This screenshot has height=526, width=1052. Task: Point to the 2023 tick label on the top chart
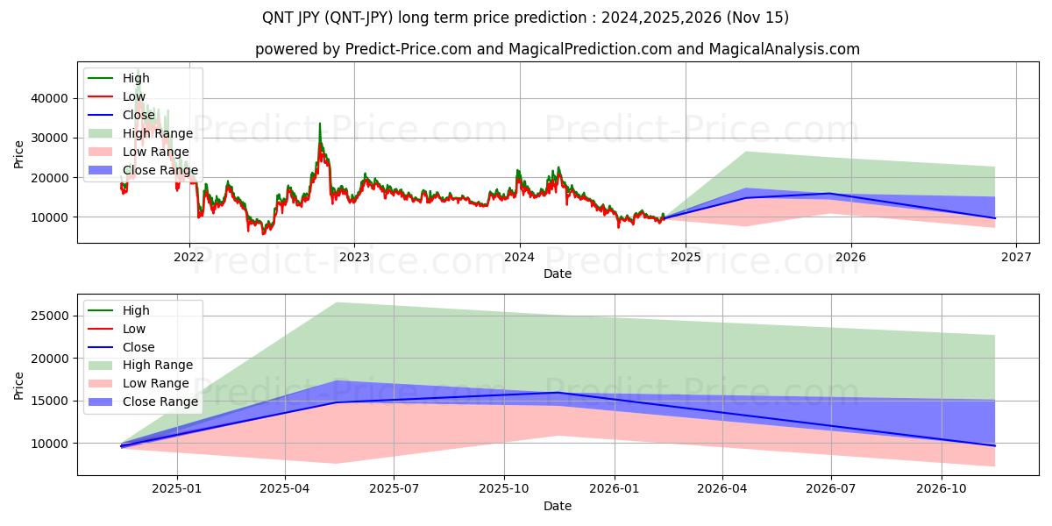[x=354, y=257]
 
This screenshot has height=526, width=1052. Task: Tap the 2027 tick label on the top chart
[x=1015, y=257]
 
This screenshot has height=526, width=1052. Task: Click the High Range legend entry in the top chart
[x=158, y=133]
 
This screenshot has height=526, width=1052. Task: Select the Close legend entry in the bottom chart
[x=139, y=347]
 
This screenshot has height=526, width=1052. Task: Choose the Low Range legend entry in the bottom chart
[x=156, y=383]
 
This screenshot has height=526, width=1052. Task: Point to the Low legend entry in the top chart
[x=134, y=96]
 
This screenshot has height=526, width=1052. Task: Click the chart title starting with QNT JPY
[x=525, y=18]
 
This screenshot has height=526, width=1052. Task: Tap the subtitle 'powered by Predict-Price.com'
[x=557, y=49]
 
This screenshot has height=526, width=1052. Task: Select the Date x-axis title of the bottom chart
[x=557, y=506]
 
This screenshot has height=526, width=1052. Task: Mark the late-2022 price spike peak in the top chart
[x=319, y=124]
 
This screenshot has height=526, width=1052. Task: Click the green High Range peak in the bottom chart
[x=336, y=303]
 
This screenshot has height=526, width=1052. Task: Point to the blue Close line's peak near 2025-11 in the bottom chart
[x=558, y=393]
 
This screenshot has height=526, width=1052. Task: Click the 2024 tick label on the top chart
[x=520, y=257]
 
